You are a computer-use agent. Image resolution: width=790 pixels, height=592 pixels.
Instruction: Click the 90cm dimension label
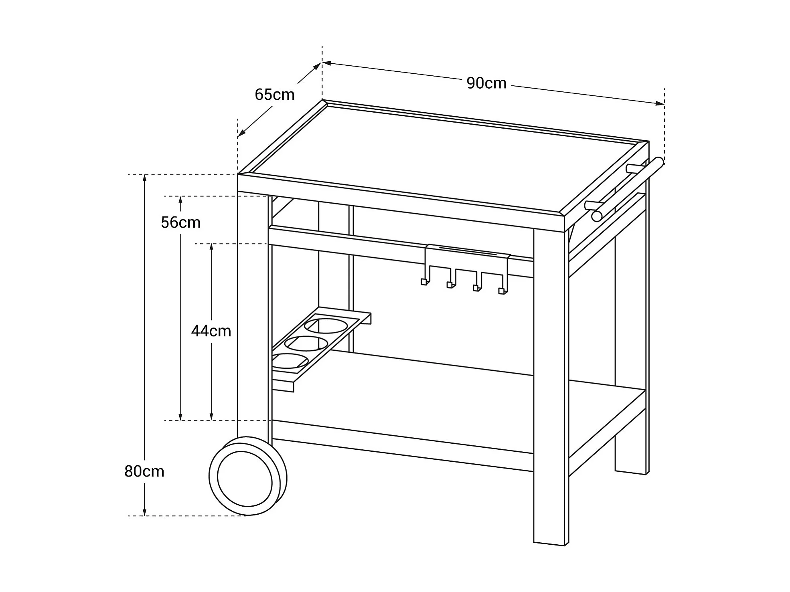pos(486,83)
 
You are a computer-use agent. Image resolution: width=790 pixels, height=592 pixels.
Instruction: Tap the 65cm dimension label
pos(275,95)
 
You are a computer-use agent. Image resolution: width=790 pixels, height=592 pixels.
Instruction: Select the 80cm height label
pos(144,471)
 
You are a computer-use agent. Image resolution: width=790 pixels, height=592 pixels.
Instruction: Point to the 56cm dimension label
pos(180,222)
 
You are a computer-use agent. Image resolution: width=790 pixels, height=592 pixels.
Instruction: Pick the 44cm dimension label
pos(211,331)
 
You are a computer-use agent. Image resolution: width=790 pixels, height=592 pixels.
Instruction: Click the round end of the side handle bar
pos(596,216)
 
